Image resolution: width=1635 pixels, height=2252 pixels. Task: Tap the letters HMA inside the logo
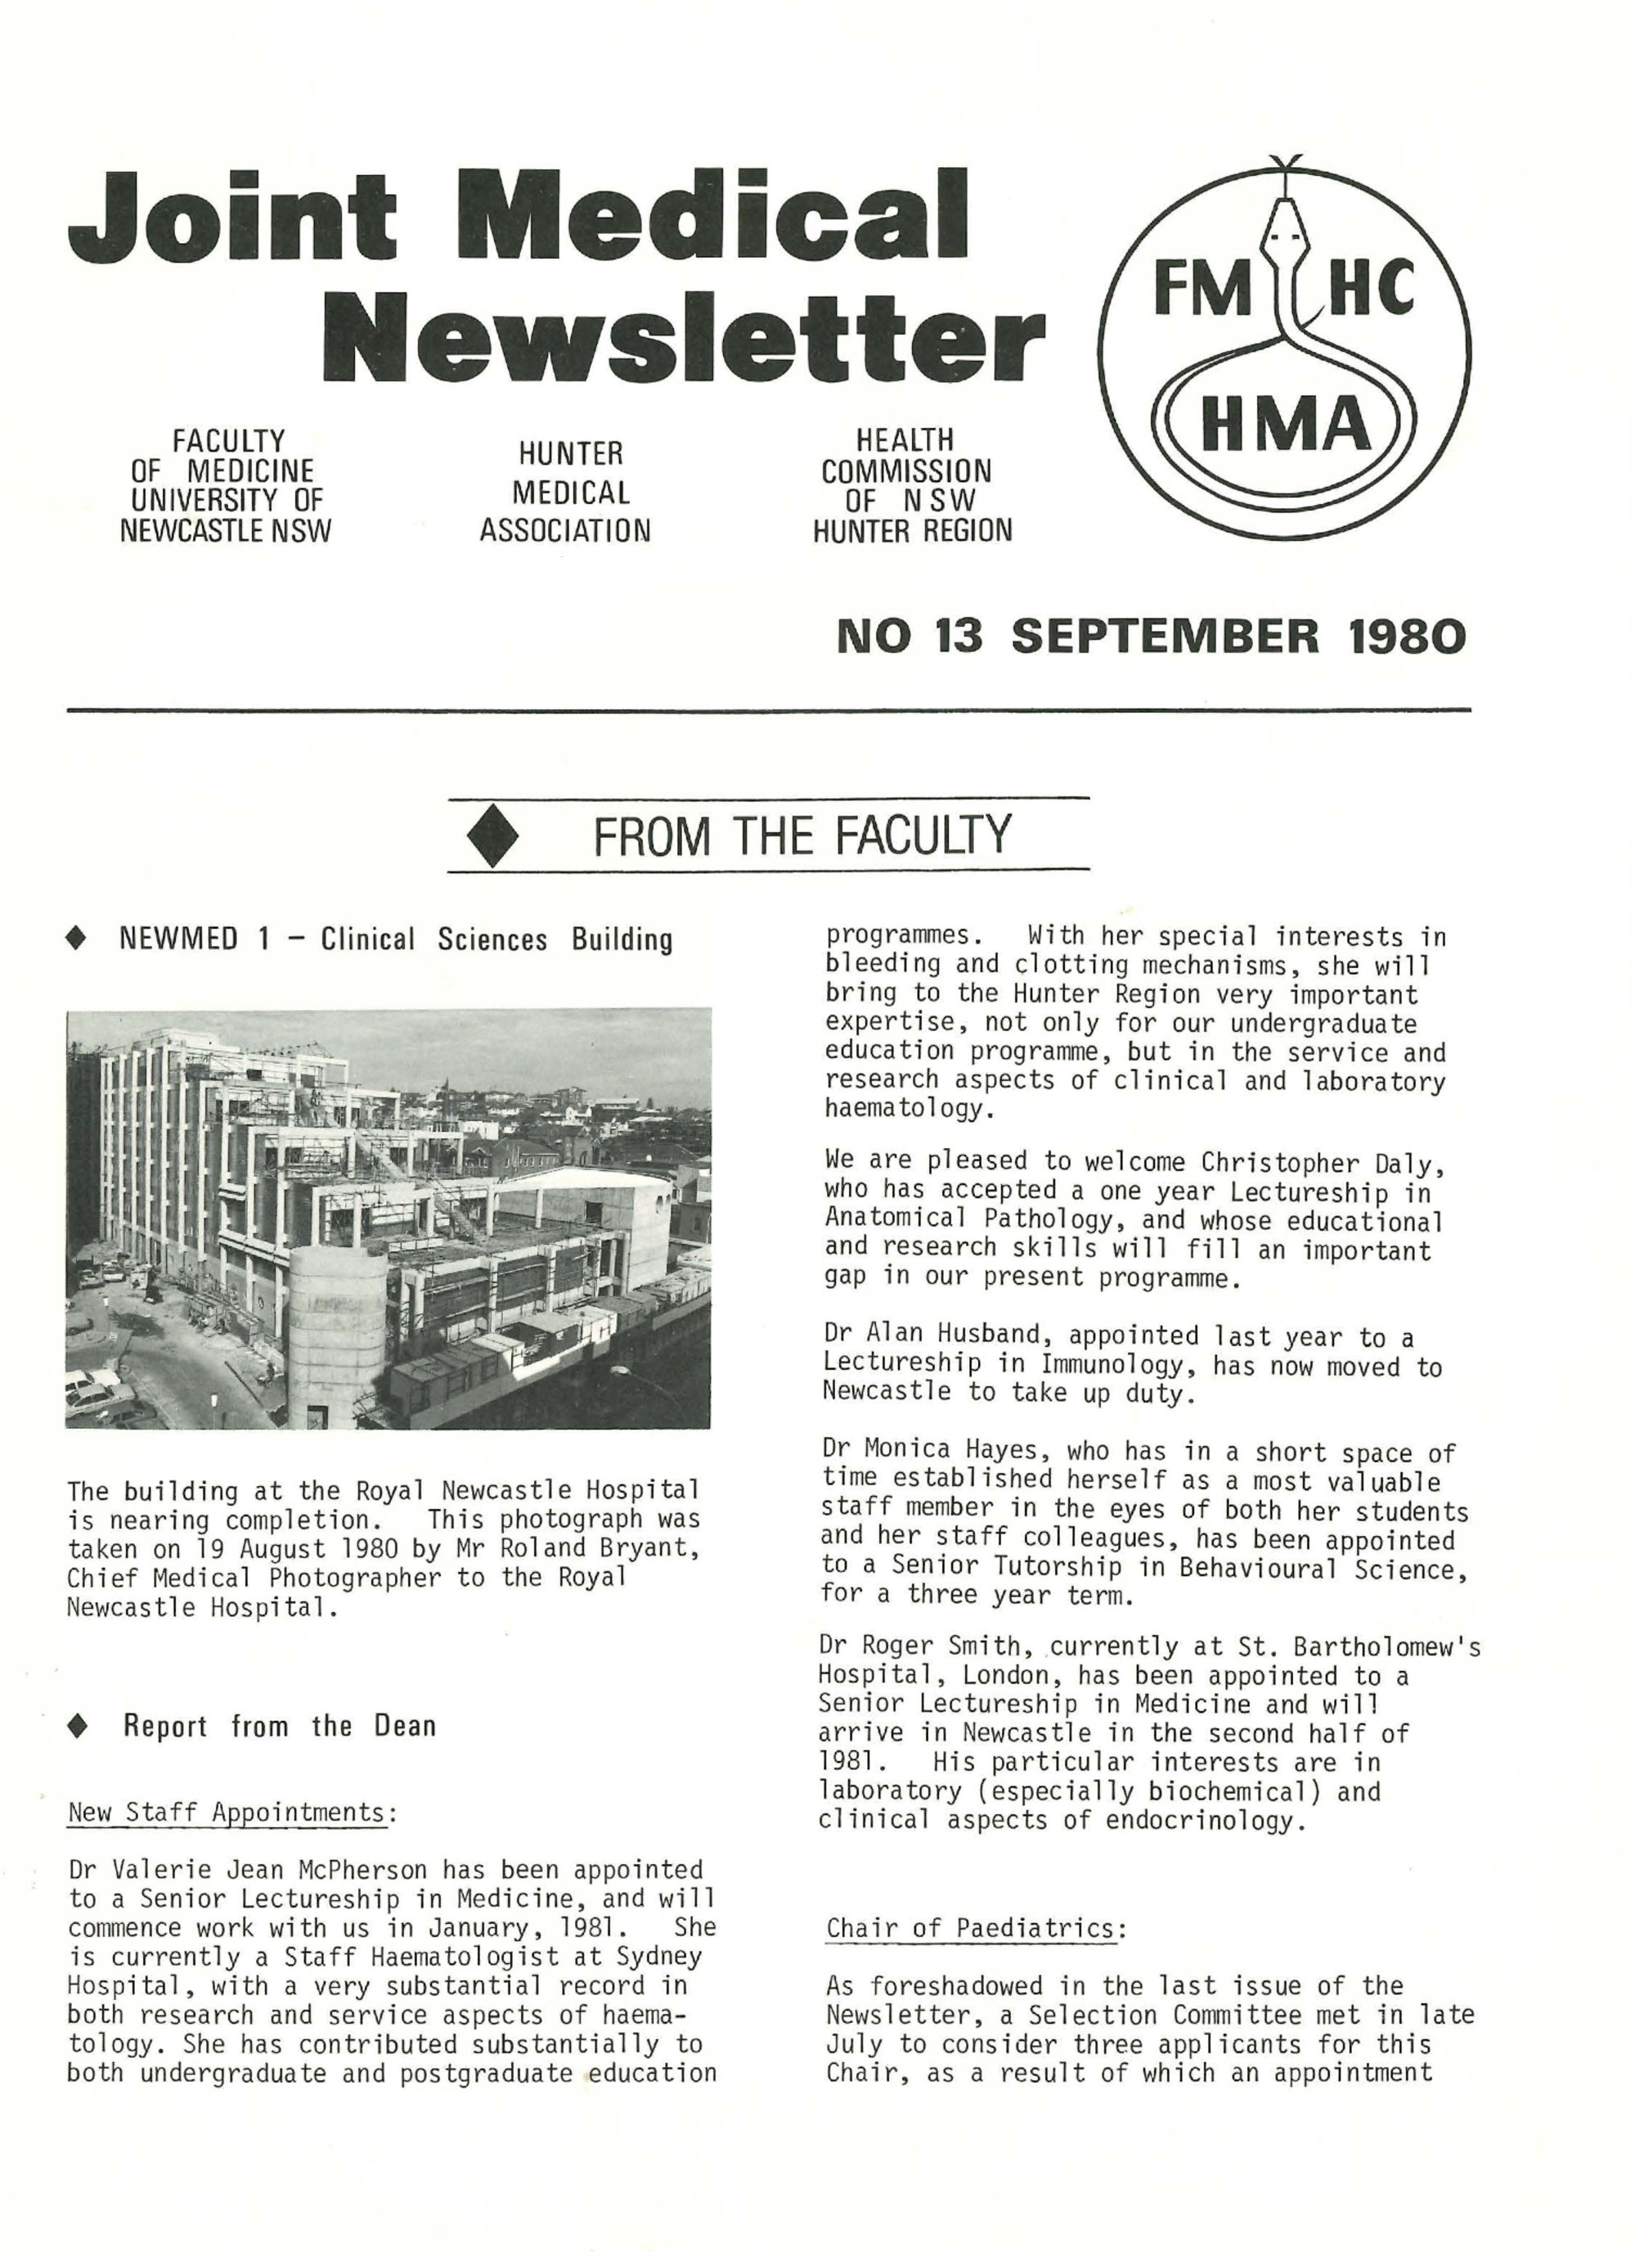click(x=1286, y=423)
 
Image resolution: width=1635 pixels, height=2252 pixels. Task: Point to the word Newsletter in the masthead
click(x=684, y=339)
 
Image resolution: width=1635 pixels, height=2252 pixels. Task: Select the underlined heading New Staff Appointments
click(x=227, y=1812)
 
